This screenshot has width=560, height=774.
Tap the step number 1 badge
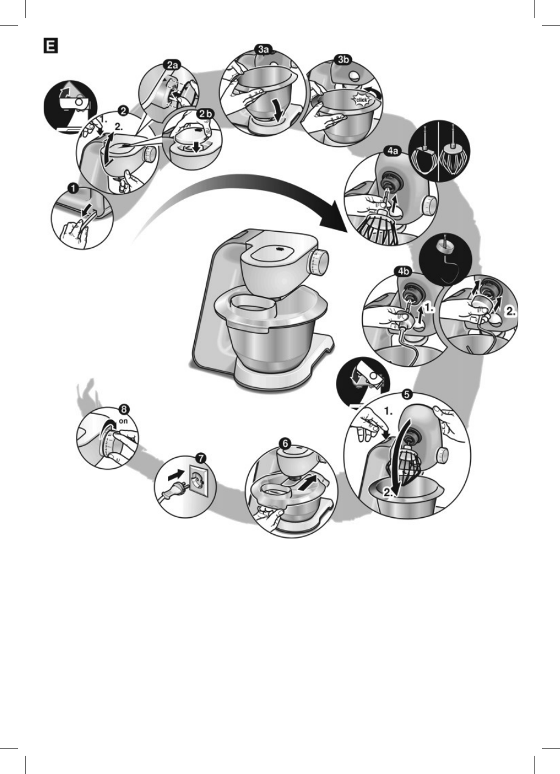(x=72, y=189)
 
